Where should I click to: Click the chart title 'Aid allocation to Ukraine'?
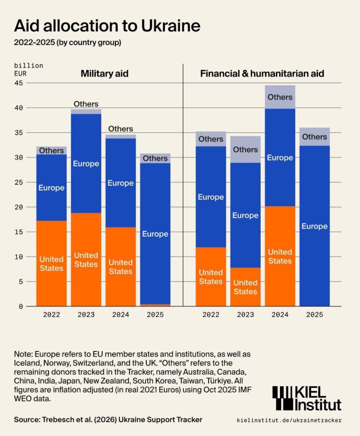click(107, 26)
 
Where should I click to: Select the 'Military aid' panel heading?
click(104, 74)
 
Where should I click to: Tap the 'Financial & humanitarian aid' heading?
click(262, 74)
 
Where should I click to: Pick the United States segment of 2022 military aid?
click(51, 264)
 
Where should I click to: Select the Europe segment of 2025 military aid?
click(155, 234)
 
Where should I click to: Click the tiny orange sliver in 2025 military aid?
click(155, 305)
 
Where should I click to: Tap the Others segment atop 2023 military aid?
click(86, 111)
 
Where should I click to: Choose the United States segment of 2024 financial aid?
click(280, 256)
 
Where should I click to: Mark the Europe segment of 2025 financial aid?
click(314, 226)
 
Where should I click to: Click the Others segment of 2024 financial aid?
click(280, 97)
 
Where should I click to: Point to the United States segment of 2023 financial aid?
click(245, 287)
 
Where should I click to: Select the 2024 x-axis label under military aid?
click(120, 315)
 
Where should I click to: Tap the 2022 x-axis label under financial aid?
click(211, 315)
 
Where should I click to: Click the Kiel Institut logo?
click(307, 399)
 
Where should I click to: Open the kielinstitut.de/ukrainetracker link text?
click(289, 420)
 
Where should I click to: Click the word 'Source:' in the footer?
click(27, 420)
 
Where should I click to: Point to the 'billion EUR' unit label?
click(29, 69)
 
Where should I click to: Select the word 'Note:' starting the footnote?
click(23, 354)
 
